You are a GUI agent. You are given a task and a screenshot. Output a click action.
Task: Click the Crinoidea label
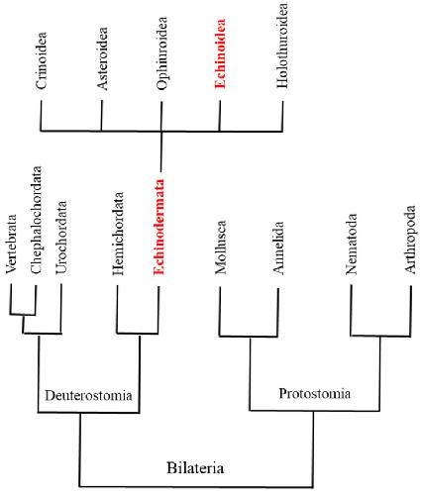coord(42,60)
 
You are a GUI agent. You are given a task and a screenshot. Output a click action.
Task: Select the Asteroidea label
coord(102,58)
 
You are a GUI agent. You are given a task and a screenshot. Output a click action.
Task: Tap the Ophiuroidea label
coord(161,53)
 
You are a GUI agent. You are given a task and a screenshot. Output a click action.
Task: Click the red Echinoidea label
coord(220,53)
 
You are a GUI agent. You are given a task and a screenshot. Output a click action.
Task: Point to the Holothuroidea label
coord(282,46)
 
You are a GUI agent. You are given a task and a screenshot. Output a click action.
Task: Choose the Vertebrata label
coord(11,244)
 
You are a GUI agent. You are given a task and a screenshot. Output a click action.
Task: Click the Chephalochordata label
coord(36,220)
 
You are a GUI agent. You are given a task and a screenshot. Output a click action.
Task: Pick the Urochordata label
coord(61,238)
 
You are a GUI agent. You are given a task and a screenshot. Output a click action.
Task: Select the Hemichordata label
coord(118,234)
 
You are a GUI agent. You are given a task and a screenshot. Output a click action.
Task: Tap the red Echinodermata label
coord(158,227)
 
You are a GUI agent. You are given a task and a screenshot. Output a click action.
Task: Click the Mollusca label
coord(221,247)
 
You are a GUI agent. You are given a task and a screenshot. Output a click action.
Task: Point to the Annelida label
coord(278,247)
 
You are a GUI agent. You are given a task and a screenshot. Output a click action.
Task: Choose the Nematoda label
coord(351,245)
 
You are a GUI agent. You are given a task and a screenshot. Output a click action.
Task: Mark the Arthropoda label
coord(410,240)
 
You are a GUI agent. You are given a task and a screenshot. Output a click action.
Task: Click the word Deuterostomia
coord(88,395)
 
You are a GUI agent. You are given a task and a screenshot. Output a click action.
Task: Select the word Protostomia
coord(315,393)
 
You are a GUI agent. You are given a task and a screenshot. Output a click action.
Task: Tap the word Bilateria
coord(195,468)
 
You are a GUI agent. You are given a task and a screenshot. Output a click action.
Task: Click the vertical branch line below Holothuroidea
coord(282,116)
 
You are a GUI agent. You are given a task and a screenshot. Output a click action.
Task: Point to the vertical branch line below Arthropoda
coord(411,311)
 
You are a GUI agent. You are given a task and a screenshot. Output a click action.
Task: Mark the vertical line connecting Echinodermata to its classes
coord(161,151)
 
